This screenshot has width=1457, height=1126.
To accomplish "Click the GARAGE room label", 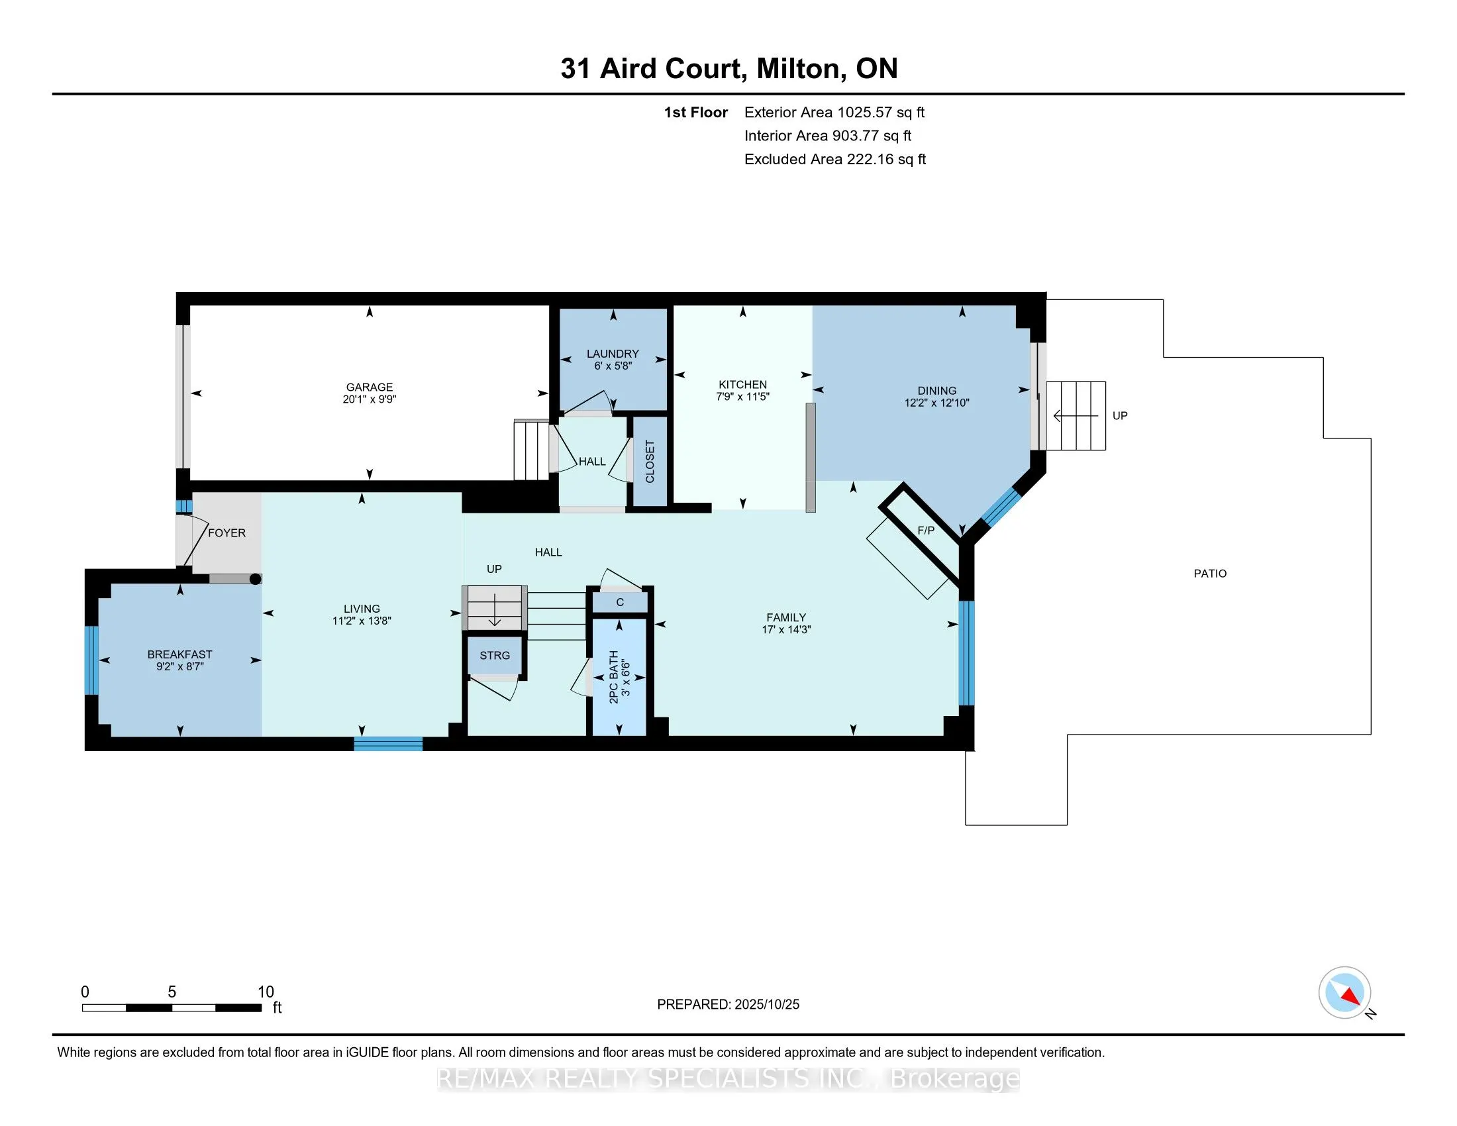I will coord(369,387).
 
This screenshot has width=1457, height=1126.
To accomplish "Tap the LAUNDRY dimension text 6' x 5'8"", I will coord(613,366).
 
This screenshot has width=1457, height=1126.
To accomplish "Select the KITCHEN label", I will coord(742,384).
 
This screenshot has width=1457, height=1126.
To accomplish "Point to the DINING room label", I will coord(936,390).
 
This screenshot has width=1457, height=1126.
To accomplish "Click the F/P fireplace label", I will coord(925,531).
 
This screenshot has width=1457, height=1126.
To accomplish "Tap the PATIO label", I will coord(1209,573).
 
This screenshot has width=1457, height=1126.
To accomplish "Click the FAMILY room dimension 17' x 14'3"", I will coord(786,630).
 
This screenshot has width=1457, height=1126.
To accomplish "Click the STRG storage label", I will coord(494,656).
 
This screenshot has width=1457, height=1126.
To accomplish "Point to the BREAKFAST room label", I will coord(179,654).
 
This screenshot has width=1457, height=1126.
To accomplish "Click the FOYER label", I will coord(226,533).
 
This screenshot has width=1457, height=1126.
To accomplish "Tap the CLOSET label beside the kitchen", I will coord(650,461).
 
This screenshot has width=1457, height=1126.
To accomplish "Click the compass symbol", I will coord(1344,992).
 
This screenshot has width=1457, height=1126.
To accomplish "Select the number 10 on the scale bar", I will coord(266,992).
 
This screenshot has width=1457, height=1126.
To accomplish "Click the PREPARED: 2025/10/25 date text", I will coord(728,1005).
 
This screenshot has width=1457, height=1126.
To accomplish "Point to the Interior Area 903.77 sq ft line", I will coord(827,136).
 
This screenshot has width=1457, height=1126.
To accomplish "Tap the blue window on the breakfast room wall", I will coord(91,660).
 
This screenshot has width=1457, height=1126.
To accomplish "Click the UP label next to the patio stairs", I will coord(1119,415).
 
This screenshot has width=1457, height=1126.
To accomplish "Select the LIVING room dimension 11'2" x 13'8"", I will coord(362,621).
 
